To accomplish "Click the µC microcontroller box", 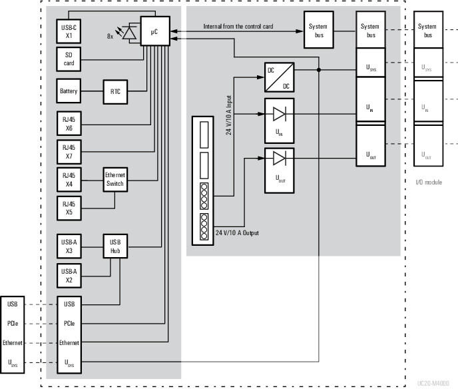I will pyautogui.click(x=155, y=31).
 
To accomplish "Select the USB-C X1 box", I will pyautogui.click(x=69, y=29).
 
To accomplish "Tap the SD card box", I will pyautogui.click(x=69, y=59).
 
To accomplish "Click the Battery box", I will pyautogui.click(x=69, y=91).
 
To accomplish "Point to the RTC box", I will pyautogui.click(x=114, y=91).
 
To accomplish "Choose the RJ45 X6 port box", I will pyautogui.click(x=69, y=123).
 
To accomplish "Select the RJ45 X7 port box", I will pyautogui.click(x=69, y=151).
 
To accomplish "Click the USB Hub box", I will pyautogui.click(x=114, y=246).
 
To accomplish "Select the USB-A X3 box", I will pyautogui.click(x=69, y=246).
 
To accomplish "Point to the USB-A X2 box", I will pyautogui.click(x=69, y=274).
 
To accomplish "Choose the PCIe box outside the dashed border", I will pyautogui.click(x=13, y=323).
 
